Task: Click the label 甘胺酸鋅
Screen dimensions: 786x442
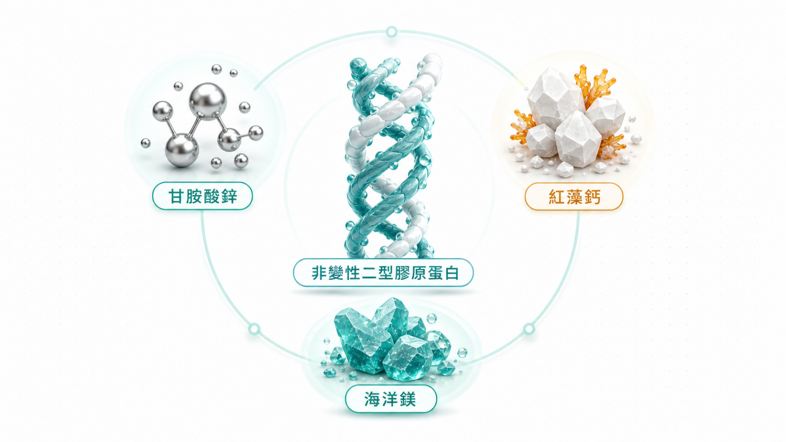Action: tap(202, 196)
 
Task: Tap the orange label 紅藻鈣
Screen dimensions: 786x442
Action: tap(574, 196)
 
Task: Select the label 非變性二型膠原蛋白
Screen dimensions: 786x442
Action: tap(384, 273)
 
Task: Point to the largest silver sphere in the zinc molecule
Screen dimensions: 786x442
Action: tap(208, 102)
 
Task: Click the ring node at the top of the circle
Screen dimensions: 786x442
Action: tap(392, 32)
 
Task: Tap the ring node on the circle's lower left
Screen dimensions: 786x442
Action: tap(254, 329)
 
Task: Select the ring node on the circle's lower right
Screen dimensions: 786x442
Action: tap(529, 329)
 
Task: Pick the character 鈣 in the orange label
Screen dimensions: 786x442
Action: tap(591, 197)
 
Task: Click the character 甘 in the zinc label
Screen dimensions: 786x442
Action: tap(176, 196)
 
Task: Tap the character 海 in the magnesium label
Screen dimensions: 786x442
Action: tap(373, 399)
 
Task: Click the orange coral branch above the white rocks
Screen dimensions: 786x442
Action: tap(595, 85)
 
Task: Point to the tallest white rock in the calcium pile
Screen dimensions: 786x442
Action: tap(556, 99)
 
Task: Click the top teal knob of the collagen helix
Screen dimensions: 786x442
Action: tap(358, 67)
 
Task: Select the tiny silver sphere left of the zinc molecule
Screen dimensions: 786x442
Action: tap(145, 143)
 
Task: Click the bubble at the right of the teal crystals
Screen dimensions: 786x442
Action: tap(462, 353)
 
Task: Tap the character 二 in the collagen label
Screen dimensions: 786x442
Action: tap(366, 273)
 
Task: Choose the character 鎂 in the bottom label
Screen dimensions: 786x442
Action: tap(408, 399)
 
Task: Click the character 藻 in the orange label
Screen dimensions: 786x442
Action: tap(574, 197)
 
